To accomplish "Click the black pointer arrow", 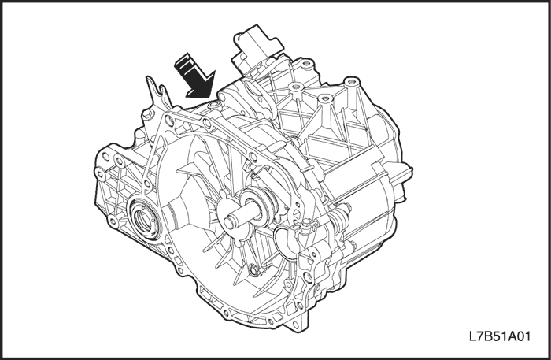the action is click(x=195, y=76).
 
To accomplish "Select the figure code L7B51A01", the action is click(x=499, y=336).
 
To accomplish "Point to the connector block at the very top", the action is click(x=258, y=49).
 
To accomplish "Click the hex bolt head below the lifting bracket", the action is click(x=148, y=115).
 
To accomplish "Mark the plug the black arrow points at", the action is click(x=213, y=105).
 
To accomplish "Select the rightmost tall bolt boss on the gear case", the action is click(x=349, y=83).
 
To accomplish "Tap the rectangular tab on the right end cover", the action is click(x=405, y=175).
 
